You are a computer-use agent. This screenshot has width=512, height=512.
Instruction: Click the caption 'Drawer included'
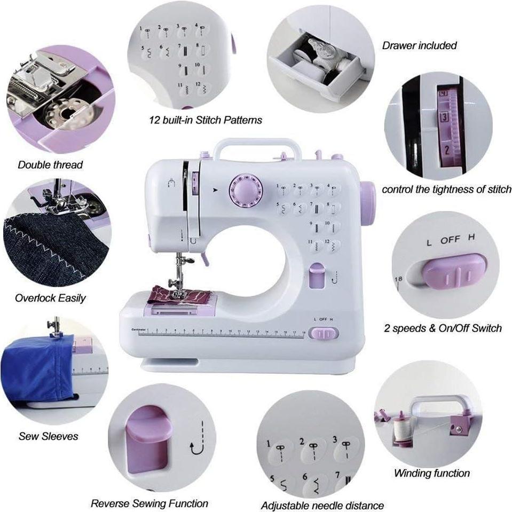pyautogui.click(x=419, y=45)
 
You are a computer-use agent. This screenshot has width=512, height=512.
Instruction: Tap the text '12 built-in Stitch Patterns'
pyautogui.click(x=206, y=120)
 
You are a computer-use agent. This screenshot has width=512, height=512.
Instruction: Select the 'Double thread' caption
pyautogui.click(x=50, y=164)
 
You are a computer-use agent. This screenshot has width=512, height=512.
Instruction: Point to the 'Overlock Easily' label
pyautogui.click(x=50, y=298)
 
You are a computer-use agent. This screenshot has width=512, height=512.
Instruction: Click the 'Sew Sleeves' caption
pyautogui.click(x=48, y=436)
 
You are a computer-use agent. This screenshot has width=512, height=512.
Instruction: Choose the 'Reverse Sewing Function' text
pyautogui.click(x=149, y=503)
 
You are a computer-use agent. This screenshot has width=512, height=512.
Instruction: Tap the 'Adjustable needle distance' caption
pyautogui.click(x=322, y=505)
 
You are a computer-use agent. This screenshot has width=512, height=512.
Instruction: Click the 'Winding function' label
pyautogui.click(x=431, y=473)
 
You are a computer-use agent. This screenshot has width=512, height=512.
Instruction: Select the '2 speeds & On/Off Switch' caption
pyautogui.click(x=443, y=328)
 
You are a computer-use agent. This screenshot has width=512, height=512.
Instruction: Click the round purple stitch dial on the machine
pyautogui.click(x=243, y=189)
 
